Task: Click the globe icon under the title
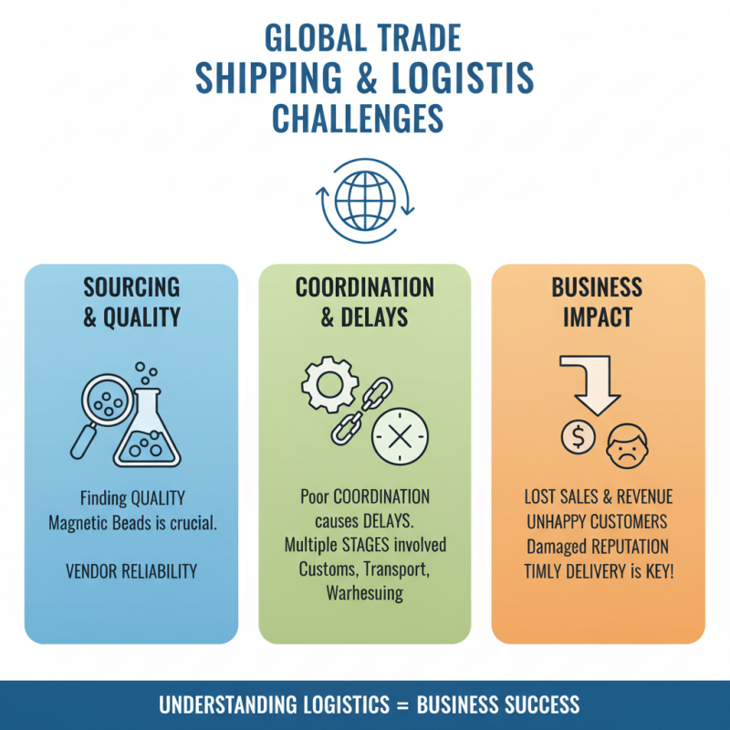click(x=365, y=201)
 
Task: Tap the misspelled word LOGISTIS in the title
click(x=463, y=78)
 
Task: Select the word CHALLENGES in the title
click(x=358, y=119)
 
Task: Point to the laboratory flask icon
click(x=147, y=427)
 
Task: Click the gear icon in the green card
click(x=329, y=384)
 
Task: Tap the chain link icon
click(x=361, y=411)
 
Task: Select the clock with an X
click(x=400, y=437)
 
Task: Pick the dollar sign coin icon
click(x=578, y=437)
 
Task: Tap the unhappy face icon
click(x=627, y=446)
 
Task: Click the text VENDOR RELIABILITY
click(x=131, y=571)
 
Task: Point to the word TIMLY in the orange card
click(x=542, y=571)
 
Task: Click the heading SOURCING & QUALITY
click(x=131, y=302)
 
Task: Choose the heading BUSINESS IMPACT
click(x=598, y=302)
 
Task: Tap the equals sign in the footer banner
click(x=403, y=704)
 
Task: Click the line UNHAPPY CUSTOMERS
click(x=598, y=522)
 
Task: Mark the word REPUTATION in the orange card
click(x=628, y=547)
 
